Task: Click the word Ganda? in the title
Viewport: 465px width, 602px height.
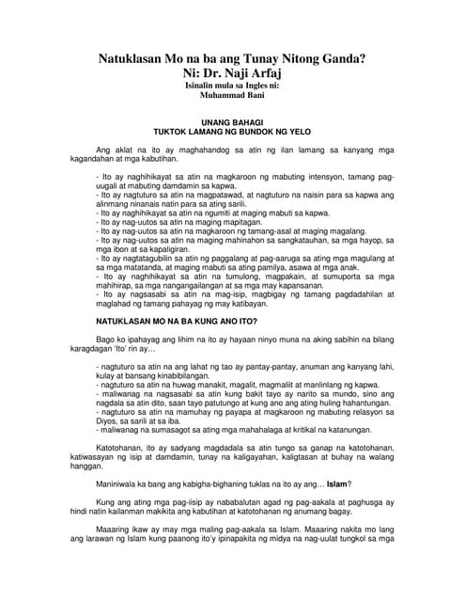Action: coord(336,58)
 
